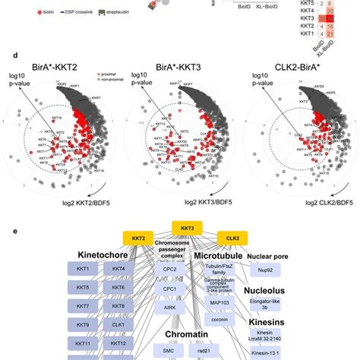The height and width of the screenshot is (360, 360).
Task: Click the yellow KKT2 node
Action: coord(137,238)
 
